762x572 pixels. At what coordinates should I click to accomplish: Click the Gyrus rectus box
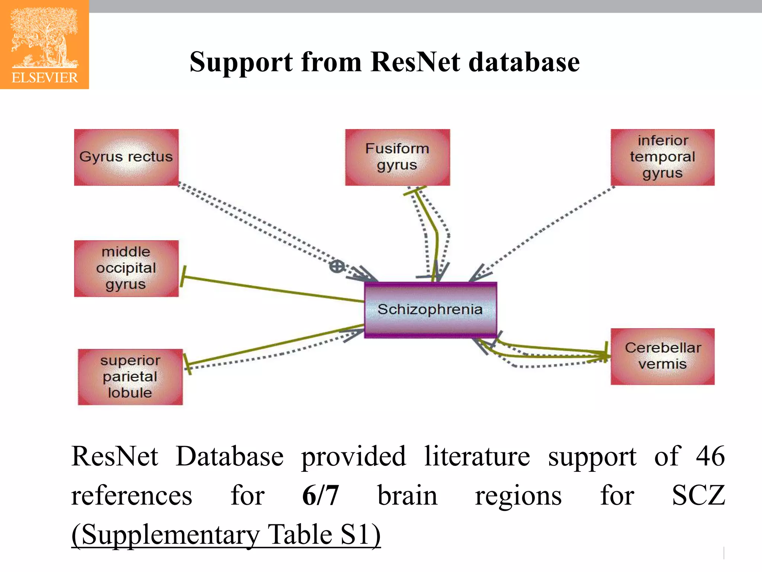pos(126,157)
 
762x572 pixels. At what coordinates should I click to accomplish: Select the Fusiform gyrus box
pos(397,157)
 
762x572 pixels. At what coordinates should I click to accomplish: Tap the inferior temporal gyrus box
pos(662,157)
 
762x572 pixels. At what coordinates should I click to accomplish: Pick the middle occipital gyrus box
pos(126,268)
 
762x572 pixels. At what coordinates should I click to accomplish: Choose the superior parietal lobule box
pos(130,377)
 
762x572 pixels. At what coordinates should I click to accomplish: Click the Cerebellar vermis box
pos(662,356)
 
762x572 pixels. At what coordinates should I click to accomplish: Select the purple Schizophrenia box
pos(430,310)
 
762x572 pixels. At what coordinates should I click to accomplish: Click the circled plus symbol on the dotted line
pos(337,267)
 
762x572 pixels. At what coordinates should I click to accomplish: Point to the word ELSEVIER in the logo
pos(45,78)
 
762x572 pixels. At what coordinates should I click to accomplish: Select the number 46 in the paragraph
pos(710,456)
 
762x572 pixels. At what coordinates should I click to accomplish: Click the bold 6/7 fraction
pos(320,495)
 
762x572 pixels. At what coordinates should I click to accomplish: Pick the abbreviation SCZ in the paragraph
pos(698,495)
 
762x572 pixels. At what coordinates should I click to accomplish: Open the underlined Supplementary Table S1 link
pos(226,535)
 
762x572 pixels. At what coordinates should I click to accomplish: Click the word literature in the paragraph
pos(477,456)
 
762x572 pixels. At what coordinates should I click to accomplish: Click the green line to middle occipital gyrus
pos(272,289)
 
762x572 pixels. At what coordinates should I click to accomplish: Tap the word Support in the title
pos(241,62)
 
